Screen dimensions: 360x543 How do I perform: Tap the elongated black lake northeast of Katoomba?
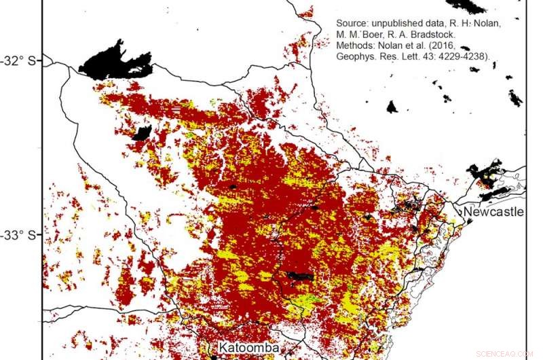[x=299, y=276]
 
